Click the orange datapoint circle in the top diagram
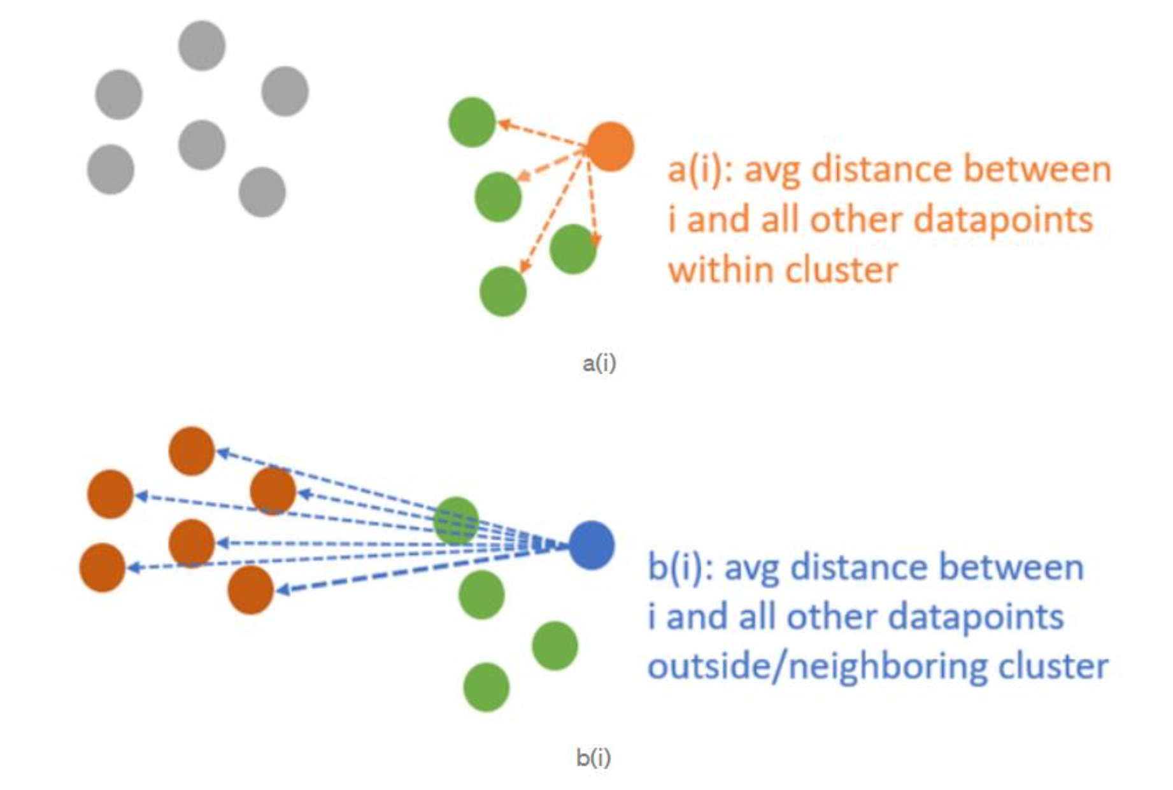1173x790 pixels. click(x=610, y=147)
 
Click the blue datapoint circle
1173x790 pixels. click(x=592, y=545)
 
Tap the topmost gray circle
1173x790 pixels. click(x=202, y=45)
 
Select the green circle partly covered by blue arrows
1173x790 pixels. click(x=456, y=521)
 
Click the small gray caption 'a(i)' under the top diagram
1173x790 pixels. click(x=599, y=363)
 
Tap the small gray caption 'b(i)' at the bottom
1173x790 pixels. click(x=594, y=758)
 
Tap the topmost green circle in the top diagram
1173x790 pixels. click(x=472, y=122)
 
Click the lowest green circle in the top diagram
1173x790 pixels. click(x=502, y=291)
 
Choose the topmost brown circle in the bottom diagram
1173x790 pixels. click(x=192, y=451)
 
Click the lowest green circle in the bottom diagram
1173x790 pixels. click(x=486, y=687)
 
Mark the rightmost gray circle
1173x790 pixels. click(x=285, y=91)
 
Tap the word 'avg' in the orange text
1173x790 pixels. click(x=772, y=170)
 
